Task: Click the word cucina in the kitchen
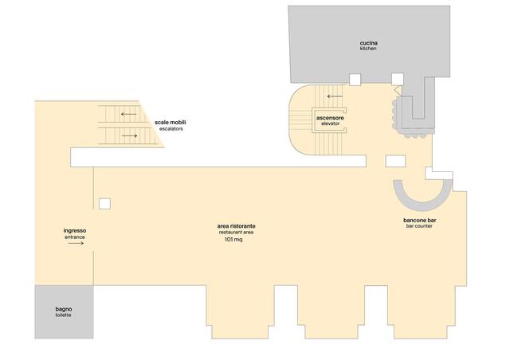[368, 43]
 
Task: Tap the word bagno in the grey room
[64, 309]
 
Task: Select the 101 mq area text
[233, 240]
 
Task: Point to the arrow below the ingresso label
[76, 243]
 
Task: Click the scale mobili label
[170, 123]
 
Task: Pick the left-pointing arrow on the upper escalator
[128, 114]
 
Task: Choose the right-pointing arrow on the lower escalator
[129, 135]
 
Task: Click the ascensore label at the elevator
[330, 118]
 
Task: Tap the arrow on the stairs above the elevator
[335, 96]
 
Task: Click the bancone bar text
[420, 220]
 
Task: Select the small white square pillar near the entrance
[104, 204]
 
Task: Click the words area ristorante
[236, 226]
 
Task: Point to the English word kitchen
[368, 49]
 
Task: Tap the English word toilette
[63, 315]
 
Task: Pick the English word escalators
[171, 129]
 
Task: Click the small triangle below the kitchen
[398, 90]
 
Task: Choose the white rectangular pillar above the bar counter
[395, 162]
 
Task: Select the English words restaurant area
[236, 233]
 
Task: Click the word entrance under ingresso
[74, 237]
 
